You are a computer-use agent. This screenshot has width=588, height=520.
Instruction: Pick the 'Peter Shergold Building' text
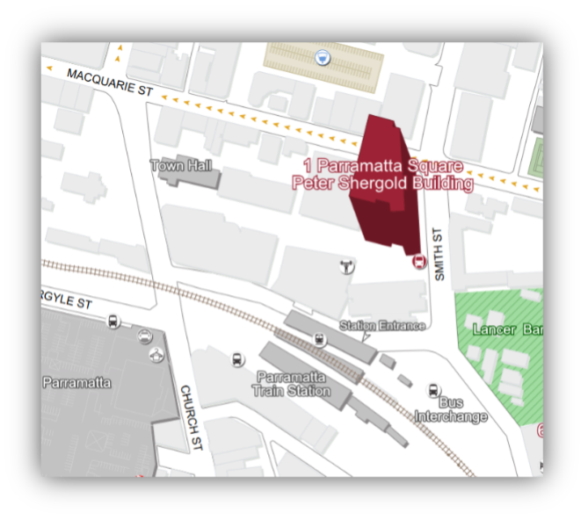(382, 184)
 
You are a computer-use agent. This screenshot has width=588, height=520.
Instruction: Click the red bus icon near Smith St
(419, 261)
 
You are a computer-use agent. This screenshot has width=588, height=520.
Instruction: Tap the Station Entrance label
(382, 326)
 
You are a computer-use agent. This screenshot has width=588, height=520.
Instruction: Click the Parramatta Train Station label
(292, 384)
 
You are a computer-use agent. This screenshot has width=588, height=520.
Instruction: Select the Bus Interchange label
(451, 410)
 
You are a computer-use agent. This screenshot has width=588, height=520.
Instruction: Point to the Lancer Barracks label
(506, 329)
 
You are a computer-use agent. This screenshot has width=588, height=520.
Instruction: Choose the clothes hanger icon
(347, 265)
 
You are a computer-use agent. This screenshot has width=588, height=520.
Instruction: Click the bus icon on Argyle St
(113, 321)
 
